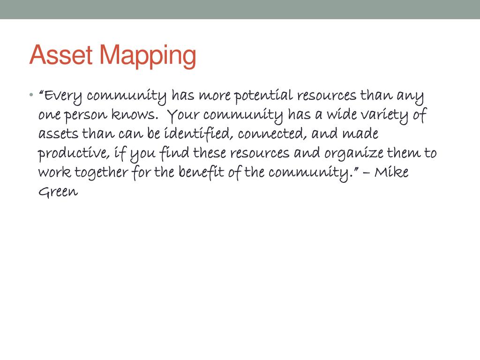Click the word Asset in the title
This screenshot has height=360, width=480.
61,55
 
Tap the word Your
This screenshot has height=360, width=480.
184,115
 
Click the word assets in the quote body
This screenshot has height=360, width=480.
58,134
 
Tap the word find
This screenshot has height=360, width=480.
175,153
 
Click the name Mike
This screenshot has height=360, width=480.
391,172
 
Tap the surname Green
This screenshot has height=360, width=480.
58,192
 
